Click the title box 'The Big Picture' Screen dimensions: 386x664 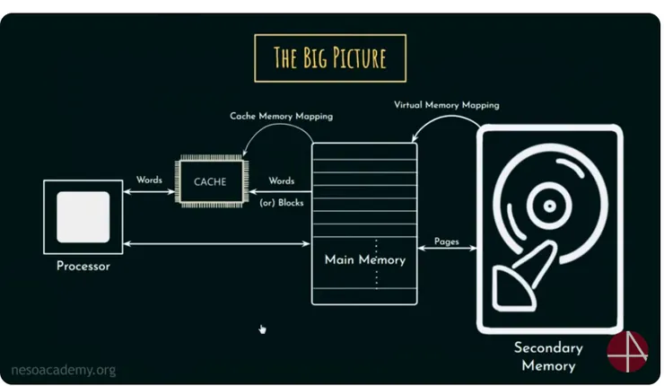pyautogui.click(x=330, y=58)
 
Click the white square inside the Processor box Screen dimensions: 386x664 pyautogui.click(x=83, y=216)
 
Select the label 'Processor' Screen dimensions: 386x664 pyautogui.click(x=83, y=266)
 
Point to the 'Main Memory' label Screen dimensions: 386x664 pyautogui.click(x=364, y=260)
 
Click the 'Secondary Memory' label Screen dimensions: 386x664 pyautogui.click(x=547, y=356)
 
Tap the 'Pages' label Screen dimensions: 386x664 pyautogui.click(x=447, y=241)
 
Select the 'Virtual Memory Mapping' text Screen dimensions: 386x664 pyautogui.click(x=446, y=105)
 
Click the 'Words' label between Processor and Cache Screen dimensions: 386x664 pyautogui.click(x=149, y=180)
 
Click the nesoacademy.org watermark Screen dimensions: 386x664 pyautogui.click(x=63, y=369)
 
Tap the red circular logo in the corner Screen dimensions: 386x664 pyautogui.click(x=627, y=351)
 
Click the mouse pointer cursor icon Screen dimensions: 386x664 pyautogui.click(x=262, y=329)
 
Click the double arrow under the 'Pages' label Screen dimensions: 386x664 pyautogui.click(x=447, y=252)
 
